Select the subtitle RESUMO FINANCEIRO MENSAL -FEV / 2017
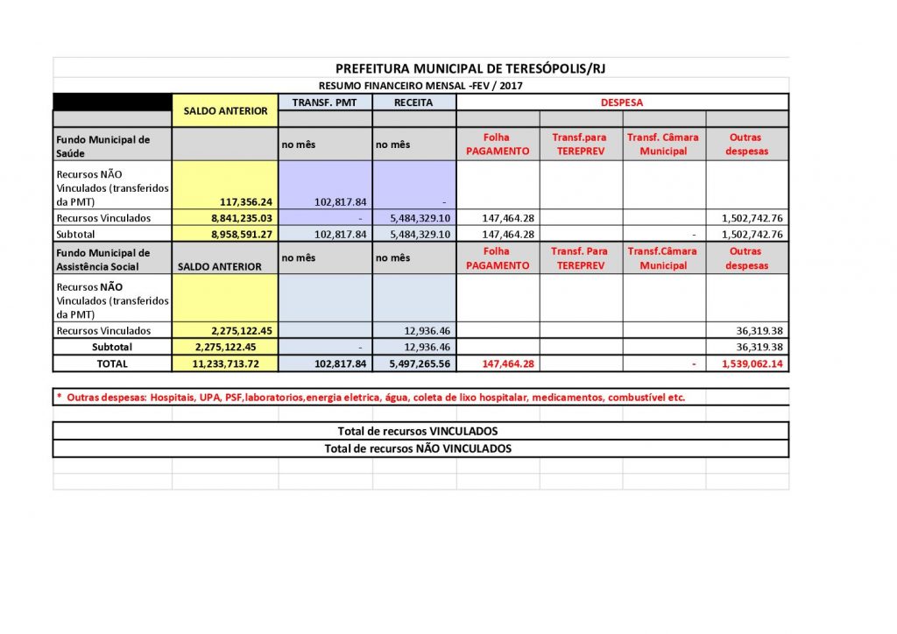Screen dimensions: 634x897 (x=421, y=86)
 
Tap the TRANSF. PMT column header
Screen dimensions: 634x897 (x=325, y=102)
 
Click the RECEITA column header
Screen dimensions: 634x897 (x=413, y=102)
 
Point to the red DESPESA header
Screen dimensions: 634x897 (x=621, y=102)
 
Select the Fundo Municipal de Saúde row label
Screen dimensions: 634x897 (x=102, y=144)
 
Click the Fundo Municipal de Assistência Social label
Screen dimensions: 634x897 (x=102, y=258)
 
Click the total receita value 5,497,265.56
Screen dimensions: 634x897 (x=414, y=363)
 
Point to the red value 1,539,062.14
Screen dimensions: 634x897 (x=752, y=363)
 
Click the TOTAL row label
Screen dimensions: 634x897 (x=112, y=363)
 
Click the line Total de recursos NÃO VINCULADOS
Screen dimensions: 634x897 (x=418, y=448)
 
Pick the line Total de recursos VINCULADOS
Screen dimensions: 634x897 (x=418, y=431)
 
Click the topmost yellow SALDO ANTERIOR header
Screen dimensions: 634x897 (x=225, y=111)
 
